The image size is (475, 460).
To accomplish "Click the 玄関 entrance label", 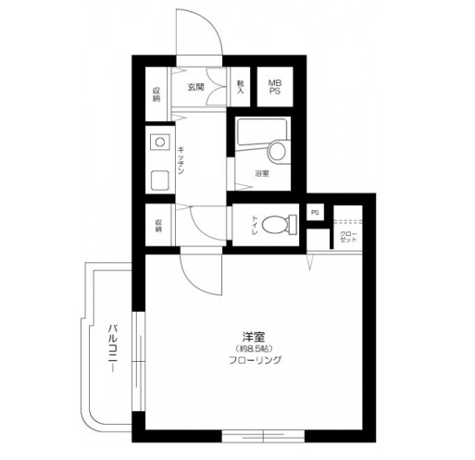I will (196, 88).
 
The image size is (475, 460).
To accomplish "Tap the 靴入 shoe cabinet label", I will (241, 88).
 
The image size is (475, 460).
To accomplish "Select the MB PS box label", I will (275, 88).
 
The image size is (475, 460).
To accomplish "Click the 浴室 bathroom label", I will (262, 174).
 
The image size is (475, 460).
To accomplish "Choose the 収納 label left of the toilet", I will (158, 225).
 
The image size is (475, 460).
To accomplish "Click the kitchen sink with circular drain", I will (159, 143).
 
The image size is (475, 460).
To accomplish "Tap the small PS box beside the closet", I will (315, 213).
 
